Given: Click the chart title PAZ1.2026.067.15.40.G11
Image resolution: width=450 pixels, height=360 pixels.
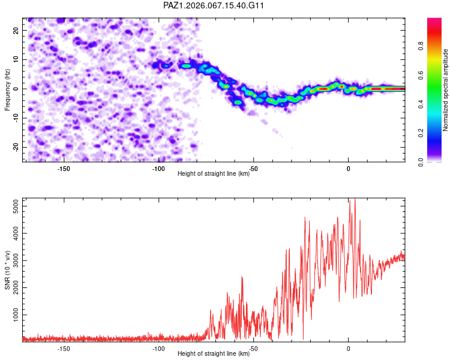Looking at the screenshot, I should (x=214, y=5).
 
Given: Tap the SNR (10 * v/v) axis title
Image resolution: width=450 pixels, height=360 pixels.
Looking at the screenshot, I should (x=7, y=270).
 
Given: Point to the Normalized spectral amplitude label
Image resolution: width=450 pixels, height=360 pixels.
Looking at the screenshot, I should (x=446, y=91).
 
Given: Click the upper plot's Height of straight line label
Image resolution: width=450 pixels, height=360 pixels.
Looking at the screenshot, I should (x=214, y=174).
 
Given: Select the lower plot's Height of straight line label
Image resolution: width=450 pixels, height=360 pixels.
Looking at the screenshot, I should (x=214, y=354).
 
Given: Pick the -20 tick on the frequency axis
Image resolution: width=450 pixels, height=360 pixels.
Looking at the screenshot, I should (x=16, y=147).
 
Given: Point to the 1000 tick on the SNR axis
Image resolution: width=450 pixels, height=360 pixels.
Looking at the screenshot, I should (x=13, y=314).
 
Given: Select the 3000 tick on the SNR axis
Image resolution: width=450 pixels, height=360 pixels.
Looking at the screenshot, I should (x=13, y=261).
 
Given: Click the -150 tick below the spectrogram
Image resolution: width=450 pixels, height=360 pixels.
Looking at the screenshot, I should (x=64, y=168).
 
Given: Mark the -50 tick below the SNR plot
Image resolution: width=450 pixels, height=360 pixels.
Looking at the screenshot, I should (x=253, y=348).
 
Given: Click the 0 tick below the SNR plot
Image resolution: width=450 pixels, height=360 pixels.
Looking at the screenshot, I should (x=349, y=348).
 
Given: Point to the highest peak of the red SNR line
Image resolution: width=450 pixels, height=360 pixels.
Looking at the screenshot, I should (x=355, y=199).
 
